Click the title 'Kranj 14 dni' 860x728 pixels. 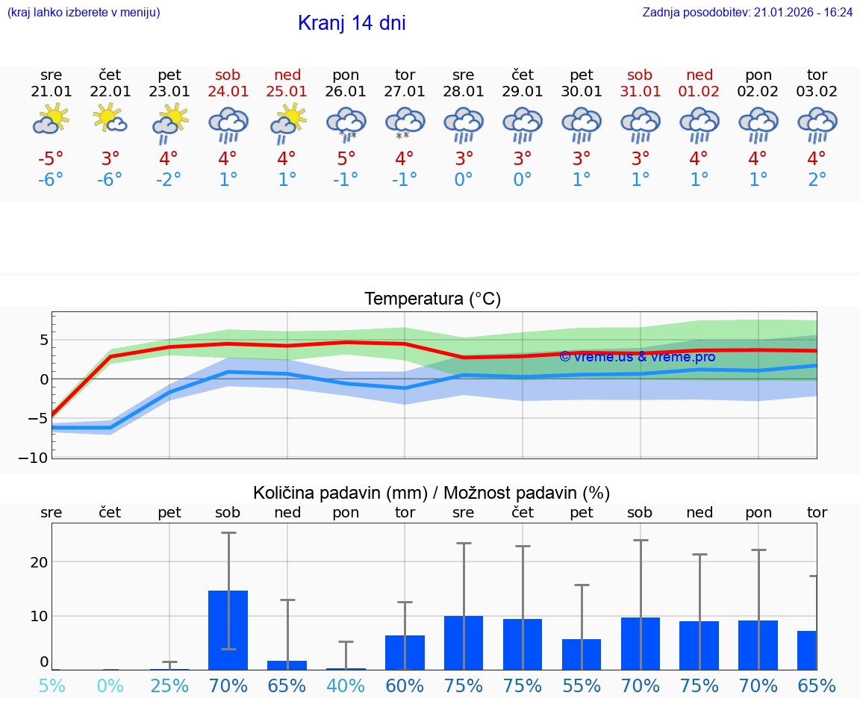click(352, 23)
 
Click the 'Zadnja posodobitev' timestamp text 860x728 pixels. click(747, 12)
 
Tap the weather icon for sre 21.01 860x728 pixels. click(51, 119)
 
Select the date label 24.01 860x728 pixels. click(228, 92)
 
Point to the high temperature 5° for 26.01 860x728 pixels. click(346, 158)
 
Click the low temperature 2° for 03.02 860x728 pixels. click(817, 180)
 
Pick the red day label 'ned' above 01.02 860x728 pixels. click(699, 75)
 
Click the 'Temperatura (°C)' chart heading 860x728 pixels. click(432, 299)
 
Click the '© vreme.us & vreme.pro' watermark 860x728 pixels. click(637, 357)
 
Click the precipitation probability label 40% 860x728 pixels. click(346, 685)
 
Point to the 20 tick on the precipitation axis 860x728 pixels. click(40, 561)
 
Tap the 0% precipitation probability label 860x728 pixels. click(110, 685)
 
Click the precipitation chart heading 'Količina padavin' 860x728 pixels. click(431, 493)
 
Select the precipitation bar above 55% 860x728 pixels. click(582, 654)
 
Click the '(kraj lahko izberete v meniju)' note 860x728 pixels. click(83, 12)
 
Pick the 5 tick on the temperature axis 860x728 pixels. click(44, 340)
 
